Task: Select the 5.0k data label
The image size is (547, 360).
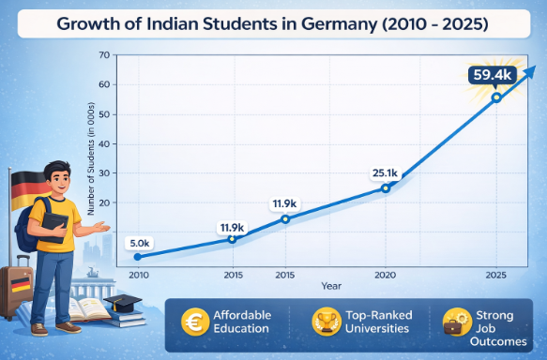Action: point(137,243)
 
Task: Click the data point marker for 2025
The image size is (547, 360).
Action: point(496,97)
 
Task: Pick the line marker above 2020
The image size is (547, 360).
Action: point(385,187)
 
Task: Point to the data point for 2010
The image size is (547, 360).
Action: point(137,256)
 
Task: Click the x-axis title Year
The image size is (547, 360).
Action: point(330,285)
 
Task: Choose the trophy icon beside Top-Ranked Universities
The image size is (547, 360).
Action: point(328,322)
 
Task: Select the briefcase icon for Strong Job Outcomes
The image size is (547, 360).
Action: point(456,323)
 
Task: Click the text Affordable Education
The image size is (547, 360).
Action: point(240,322)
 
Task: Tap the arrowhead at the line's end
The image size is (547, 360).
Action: point(531,70)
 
